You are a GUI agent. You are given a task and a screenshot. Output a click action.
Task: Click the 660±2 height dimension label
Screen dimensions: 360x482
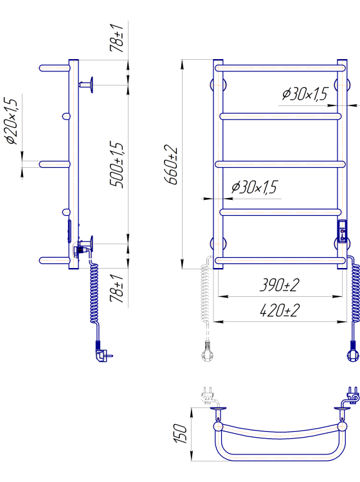172,164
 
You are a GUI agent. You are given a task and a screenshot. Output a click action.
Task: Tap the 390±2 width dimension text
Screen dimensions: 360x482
279,285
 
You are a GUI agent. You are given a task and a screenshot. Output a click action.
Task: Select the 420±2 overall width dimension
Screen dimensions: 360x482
279,310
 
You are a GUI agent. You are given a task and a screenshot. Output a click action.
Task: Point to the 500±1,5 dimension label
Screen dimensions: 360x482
117,165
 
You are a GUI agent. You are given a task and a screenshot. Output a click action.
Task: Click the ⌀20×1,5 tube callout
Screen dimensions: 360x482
11,121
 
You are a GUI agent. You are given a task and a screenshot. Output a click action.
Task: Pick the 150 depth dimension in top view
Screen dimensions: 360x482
180,433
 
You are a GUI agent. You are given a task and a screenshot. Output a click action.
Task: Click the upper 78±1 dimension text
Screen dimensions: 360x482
116,37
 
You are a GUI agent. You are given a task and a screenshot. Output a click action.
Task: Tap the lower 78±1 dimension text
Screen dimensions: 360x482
116,289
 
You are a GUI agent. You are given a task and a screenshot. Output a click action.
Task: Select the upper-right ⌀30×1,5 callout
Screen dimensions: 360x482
305,94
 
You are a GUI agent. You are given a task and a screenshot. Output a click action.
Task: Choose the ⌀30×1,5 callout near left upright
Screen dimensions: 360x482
254,187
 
